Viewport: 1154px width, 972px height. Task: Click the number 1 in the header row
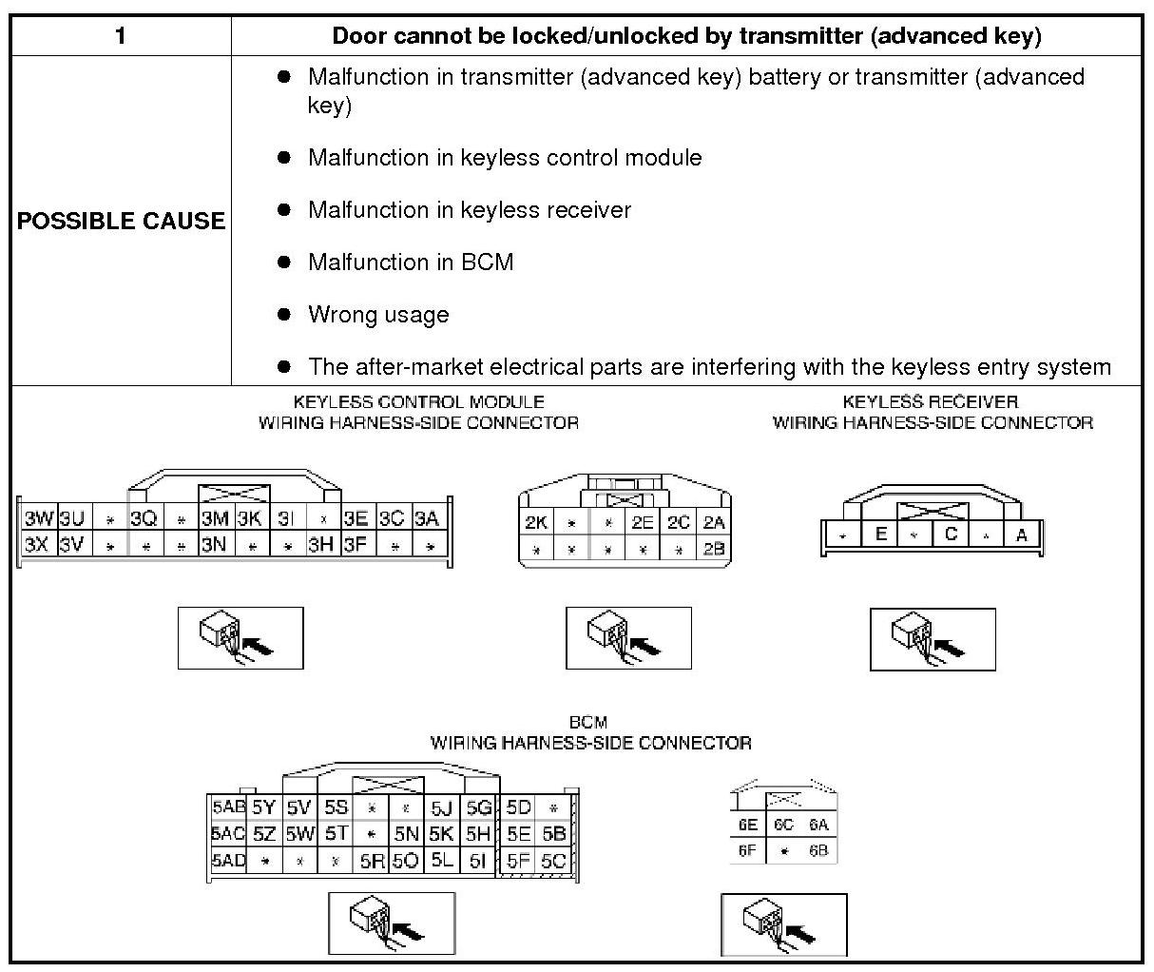120,36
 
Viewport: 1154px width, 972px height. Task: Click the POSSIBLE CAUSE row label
121,221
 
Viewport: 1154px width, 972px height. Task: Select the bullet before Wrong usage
283,314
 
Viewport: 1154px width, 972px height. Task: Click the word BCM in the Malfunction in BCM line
487,262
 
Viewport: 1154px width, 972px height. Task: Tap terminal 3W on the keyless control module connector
38,518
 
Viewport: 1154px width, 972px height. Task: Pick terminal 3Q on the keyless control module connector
144,518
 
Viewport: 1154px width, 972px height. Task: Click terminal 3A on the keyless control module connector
426,518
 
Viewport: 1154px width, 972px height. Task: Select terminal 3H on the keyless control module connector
320,545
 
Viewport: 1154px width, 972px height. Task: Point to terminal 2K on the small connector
535,522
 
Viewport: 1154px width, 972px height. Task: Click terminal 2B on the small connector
713,549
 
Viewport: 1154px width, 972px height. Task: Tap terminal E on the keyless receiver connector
880,535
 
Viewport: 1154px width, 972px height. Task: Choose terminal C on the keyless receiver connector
951,535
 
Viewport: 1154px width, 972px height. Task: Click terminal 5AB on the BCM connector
228,807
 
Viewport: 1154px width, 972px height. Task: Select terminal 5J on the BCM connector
441,808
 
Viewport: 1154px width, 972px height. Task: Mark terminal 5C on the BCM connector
552,861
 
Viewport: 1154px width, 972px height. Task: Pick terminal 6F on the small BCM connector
747,851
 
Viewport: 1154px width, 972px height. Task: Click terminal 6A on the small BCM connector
818,826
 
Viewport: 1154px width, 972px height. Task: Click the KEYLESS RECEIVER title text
930,402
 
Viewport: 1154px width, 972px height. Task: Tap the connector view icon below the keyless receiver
933,638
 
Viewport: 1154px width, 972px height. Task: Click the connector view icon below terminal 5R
392,923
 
